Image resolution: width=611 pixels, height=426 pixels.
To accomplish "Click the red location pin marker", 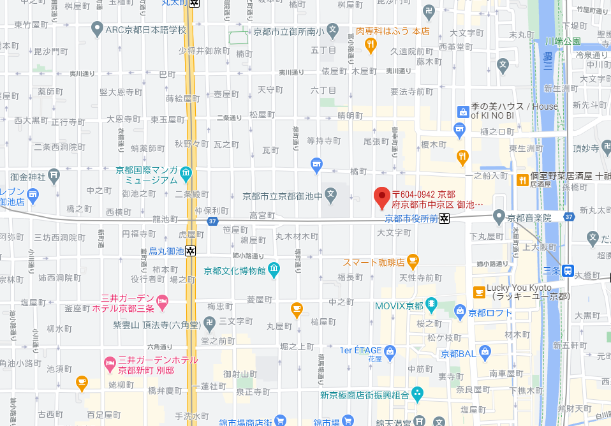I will (381, 198).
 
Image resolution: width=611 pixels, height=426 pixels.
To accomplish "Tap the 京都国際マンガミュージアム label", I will (147, 175).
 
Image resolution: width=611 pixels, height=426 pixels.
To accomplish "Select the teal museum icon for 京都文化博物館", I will (274, 269).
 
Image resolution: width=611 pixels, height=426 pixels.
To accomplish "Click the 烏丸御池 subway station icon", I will (191, 251).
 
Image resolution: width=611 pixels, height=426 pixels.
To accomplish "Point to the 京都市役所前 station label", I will (411, 218).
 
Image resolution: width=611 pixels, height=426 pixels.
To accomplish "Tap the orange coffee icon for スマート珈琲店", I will (413, 260).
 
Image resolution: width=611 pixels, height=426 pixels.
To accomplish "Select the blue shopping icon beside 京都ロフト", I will (460, 311).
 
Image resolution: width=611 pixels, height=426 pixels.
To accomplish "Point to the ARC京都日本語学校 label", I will (145, 29).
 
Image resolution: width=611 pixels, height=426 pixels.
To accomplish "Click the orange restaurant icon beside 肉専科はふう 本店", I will (370, 43).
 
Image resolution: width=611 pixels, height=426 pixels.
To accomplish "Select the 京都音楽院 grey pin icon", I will (499, 217).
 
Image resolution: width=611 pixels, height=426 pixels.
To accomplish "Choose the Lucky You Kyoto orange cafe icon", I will (478, 293).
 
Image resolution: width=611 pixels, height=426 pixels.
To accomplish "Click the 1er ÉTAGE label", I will (360, 350).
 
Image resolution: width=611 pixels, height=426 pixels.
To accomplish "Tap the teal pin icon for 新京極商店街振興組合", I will (417, 393).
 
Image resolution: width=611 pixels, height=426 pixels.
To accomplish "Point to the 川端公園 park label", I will (563, 41).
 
